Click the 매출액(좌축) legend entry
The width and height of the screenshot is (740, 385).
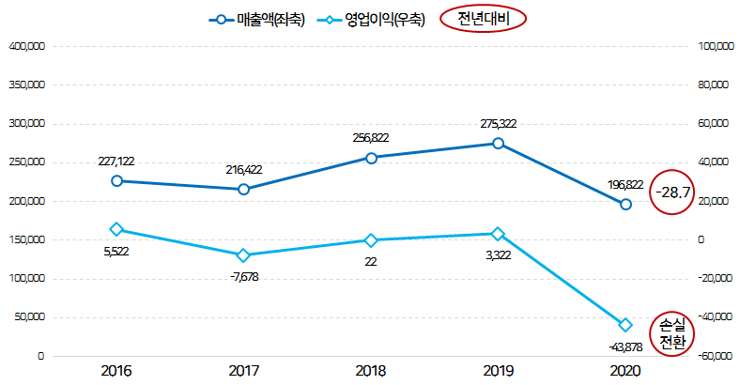pyautogui.click(x=256, y=19)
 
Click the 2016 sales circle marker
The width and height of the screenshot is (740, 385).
pyautogui.click(x=116, y=181)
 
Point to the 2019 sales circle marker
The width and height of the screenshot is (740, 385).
pyautogui.click(x=498, y=144)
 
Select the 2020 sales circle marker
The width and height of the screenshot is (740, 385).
pyautogui.click(x=625, y=204)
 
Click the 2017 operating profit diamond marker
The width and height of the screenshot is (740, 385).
pyautogui.click(x=244, y=254)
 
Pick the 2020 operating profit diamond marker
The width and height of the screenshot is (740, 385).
pyautogui.click(x=625, y=325)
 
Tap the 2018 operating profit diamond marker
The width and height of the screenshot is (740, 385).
pyautogui.click(x=371, y=240)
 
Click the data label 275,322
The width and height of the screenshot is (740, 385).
pyautogui.click(x=498, y=124)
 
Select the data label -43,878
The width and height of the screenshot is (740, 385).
pyautogui.click(x=625, y=346)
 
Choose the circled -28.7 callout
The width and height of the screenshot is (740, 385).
pyautogui.click(x=673, y=192)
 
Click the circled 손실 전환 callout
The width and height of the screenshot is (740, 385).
pyautogui.click(x=673, y=331)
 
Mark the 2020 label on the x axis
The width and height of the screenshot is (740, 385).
pyautogui.click(x=625, y=372)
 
